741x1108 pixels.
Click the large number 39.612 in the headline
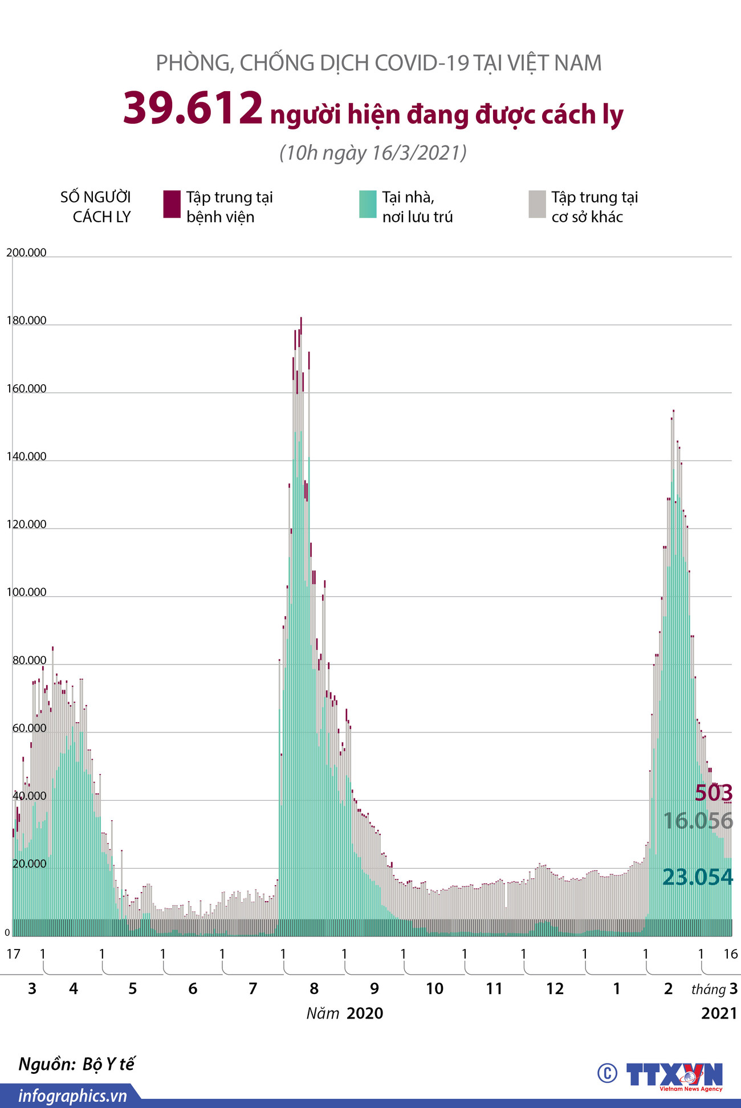pyautogui.click(x=193, y=108)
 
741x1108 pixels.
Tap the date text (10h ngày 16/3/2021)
pyautogui.click(x=373, y=153)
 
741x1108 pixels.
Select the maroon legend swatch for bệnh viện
pyautogui.click(x=172, y=204)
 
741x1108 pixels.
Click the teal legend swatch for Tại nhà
pyautogui.click(x=368, y=204)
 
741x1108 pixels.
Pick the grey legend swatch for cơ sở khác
pyautogui.click(x=537, y=204)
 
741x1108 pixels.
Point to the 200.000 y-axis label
pyautogui.click(x=26, y=252)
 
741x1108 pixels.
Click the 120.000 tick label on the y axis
pyautogui.click(x=26, y=524)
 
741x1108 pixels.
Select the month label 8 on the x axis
pyautogui.click(x=314, y=988)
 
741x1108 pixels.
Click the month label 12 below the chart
pyautogui.click(x=555, y=988)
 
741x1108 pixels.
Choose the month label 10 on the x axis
pyautogui.click(x=434, y=988)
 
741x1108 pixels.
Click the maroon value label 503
pyautogui.click(x=714, y=793)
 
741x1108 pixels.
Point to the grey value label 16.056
pyautogui.click(x=698, y=821)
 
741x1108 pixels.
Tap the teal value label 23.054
pyautogui.click(x=698, y=877)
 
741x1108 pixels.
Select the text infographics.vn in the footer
pyautogui.click(x=72, y=1095)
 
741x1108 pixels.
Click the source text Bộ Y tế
pyautogui.click(x=108, y=1064)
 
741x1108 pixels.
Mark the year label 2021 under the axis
pyautogui.click(x=719, y=1013)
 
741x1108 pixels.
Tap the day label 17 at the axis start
pyautogui.click(x=13, y=954)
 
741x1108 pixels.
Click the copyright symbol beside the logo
pyautogui.click(x=607, y=1073)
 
